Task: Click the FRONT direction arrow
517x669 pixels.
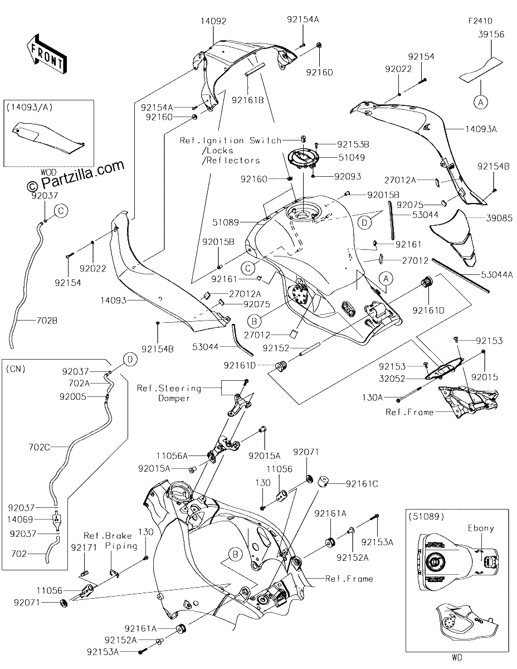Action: coord(47,54)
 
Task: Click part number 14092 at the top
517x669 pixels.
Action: coord(213,21)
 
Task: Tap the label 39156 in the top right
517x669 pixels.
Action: coord(491,34)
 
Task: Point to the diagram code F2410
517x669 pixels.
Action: coord(480,21)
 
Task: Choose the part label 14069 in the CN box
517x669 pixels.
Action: coord(20,520)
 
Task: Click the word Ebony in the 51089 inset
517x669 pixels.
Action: coord(481,529)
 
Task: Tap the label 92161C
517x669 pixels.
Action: coord(362,484)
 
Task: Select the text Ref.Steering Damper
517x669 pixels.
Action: coord(169,393)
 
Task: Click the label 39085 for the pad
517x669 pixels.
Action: coord(499,218)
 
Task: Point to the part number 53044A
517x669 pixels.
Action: coord(497,274)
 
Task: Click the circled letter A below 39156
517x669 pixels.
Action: coord(481,101)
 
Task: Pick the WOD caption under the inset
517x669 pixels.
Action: coord(48,172)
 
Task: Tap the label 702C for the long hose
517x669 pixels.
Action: coord(39,447)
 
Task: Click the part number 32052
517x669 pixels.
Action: coord(392,379)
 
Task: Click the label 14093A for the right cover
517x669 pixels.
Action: coord(481,129)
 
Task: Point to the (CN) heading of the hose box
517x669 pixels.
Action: coord(16,369)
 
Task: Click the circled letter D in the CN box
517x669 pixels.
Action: coord(130,359)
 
